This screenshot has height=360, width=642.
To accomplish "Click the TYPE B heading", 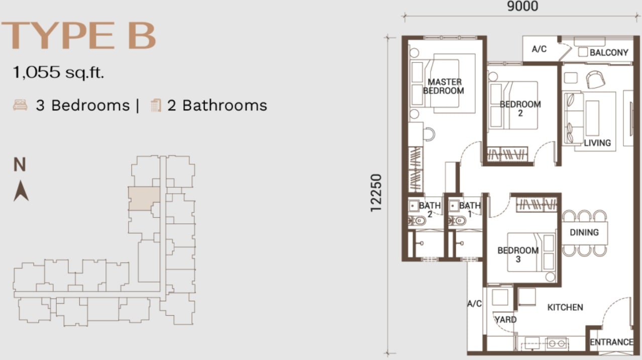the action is [79, 36].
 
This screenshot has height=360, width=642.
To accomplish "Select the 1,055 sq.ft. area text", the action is [58, 72].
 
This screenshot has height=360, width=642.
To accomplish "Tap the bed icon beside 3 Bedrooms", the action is [21, 105].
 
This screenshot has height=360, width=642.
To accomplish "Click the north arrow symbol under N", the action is [21, 190].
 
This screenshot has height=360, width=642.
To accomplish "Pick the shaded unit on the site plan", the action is [143, 198].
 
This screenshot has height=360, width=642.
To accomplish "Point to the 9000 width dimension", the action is [522, 7].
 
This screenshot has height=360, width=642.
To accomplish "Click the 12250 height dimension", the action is [376, 193].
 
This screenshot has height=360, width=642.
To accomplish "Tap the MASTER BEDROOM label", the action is [444, 86].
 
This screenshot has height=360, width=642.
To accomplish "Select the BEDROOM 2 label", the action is [520, 108].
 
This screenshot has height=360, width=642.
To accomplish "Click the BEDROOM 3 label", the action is [518, 255].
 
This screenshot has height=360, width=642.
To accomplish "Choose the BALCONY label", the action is [609, 52].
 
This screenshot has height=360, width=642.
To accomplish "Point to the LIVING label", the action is [597, 143].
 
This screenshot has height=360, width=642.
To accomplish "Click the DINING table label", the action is [584, 232].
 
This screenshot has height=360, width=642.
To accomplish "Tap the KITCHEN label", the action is [565, 307].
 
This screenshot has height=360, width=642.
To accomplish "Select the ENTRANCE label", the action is [612, 342].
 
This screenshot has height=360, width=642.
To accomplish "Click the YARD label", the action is [506, 319].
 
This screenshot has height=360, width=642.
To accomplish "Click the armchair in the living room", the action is [595, 79].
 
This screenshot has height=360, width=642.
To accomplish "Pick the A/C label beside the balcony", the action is [539, 49].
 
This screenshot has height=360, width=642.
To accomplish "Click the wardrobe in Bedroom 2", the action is [507, 154].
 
